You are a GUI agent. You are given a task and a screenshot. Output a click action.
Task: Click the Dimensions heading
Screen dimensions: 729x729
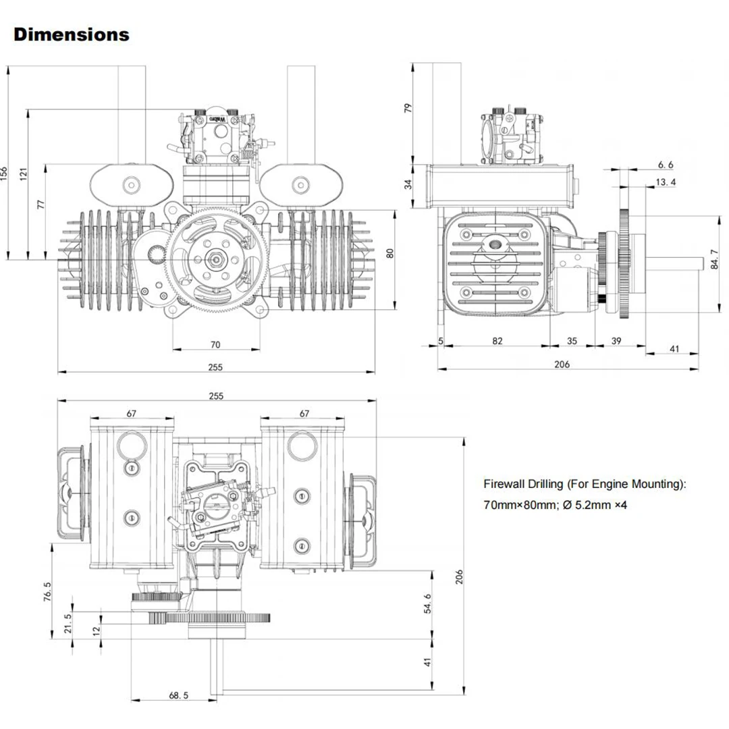coord(72,34)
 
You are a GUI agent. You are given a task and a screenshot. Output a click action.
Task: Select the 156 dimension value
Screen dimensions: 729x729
coord(5,174)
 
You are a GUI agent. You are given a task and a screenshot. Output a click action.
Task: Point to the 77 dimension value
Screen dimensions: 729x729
coord(41,205)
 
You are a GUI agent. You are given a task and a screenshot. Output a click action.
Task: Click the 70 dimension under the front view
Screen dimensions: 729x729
coord(215,344)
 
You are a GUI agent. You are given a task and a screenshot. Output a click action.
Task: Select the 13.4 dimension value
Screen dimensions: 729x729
coord(666,182)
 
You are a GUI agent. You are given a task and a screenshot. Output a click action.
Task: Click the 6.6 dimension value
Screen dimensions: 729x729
coord(666,164)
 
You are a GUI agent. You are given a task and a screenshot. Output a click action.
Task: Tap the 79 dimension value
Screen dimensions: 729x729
coord(407,108)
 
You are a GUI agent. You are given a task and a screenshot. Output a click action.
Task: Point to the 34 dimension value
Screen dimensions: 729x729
coord(407,183)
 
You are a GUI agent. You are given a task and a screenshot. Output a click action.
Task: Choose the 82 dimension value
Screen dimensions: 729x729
coord(497,341)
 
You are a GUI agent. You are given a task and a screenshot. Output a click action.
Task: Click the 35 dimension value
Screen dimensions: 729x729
coord(572,341)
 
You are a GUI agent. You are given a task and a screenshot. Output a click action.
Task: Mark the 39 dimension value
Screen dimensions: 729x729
coord(616,341)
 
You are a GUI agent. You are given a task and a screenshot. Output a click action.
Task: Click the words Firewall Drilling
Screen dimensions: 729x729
coord(523,484)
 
